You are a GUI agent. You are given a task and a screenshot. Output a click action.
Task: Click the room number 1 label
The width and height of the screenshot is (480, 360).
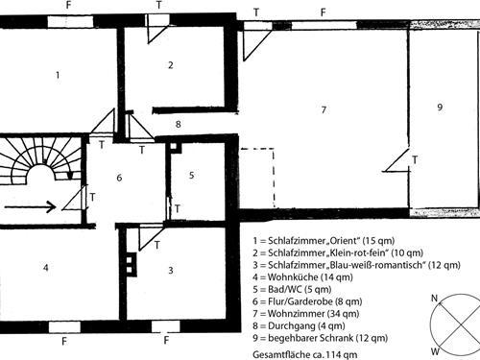click(58, 74)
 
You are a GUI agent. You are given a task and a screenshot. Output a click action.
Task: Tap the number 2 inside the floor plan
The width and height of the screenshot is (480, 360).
click(170, 65)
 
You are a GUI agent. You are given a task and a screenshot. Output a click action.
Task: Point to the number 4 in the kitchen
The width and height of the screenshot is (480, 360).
click(45, 267)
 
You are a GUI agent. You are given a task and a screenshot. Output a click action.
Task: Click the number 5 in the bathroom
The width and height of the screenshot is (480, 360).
click(192, 175)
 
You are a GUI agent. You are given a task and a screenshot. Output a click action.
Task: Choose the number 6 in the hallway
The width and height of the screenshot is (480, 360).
click(119, 178)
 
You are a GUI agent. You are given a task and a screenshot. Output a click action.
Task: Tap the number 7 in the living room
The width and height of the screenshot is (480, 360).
click(324, 110)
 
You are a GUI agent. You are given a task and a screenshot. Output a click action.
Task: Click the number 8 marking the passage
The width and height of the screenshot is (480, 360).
click(178, 125)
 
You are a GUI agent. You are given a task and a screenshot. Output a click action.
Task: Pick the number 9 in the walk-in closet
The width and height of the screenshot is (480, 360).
click(439, 108)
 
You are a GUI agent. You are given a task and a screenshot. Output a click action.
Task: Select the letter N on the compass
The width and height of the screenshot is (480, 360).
click(434, 300)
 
